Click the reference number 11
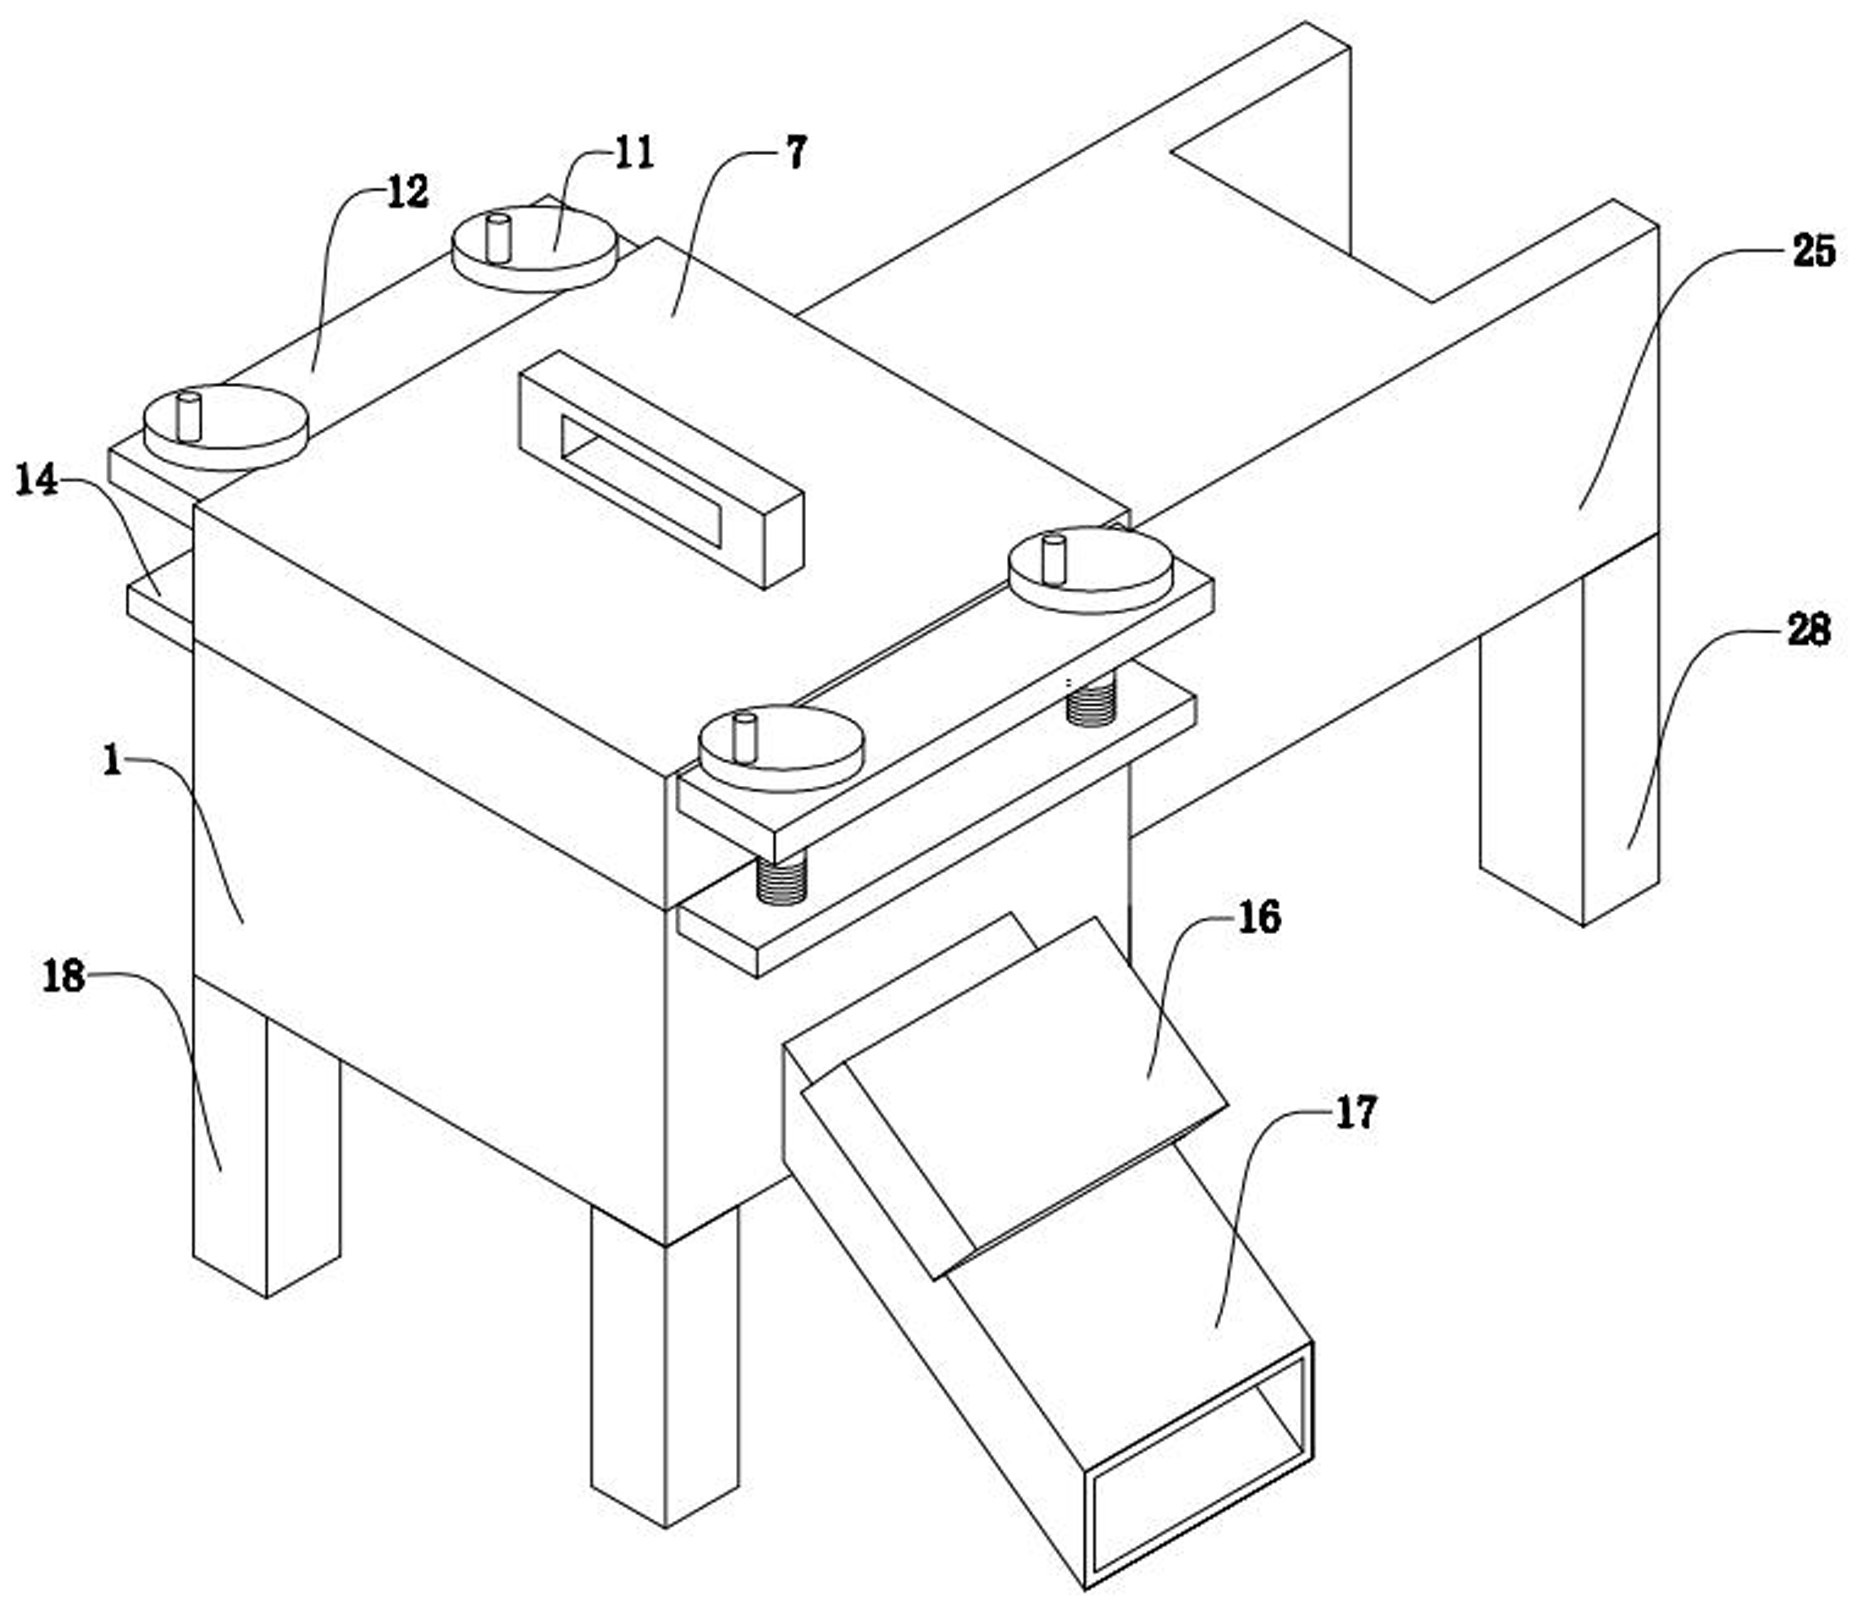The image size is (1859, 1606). click(634, 153)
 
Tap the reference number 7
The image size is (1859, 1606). click(795, 153)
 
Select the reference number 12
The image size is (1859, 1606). click(407, 191)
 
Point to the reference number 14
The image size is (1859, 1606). click(37, 481)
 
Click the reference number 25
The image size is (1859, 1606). click(1813, 251)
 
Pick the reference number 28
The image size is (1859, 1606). click(1808, 630)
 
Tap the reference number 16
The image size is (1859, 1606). click(1259, 917)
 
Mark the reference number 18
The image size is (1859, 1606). click(63, 976)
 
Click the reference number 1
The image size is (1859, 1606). click(112, 761)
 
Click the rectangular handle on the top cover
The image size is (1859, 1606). click(661, 468)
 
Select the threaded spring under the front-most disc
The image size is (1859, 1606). click(781, 877)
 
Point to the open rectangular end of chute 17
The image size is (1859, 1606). click(1198, 1463)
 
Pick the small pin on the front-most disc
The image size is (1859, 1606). click(743, 738)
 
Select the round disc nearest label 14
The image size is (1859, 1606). click(226, 428)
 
